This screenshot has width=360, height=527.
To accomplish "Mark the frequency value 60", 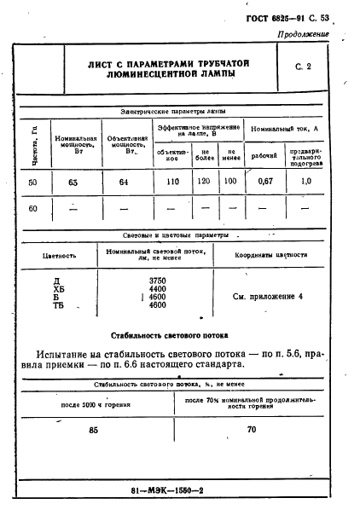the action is coord(32,208).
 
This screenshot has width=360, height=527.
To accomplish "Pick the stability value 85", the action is coord(93,431).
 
